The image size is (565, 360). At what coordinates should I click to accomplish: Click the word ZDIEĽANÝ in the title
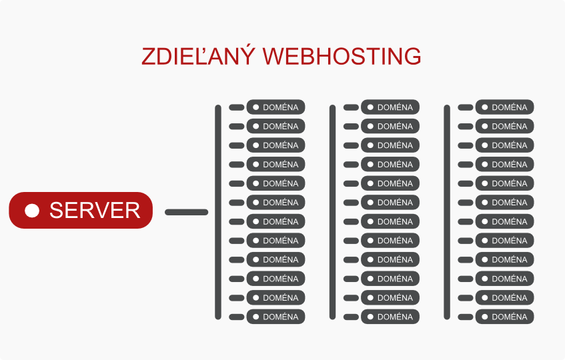[x=198, y=57]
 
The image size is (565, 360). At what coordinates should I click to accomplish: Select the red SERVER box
[x=81, y=211]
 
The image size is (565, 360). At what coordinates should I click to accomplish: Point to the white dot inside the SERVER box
[x=32, y=211]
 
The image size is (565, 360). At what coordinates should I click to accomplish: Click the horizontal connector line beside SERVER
[x=186, y=212]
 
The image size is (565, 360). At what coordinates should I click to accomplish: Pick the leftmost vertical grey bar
[x=218, y=212]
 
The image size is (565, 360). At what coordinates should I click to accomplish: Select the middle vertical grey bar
[x=332, y=212]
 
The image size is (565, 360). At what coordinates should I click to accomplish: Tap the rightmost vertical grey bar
[x=447, y=212]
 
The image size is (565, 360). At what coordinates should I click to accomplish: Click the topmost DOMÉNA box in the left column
[x=275, y=107]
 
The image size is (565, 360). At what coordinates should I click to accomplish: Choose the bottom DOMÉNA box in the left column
[x=275, y=317]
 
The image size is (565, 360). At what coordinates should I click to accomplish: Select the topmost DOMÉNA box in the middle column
[x=390, y=107]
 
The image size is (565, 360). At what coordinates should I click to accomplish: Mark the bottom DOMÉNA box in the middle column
[x=390, y=317]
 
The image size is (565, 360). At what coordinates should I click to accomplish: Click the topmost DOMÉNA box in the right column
[x=505, y=107]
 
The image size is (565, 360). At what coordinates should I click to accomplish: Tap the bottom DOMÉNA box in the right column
[x=505, y=317]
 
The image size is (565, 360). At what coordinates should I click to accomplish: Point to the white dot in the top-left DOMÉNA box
[x=255, y=107]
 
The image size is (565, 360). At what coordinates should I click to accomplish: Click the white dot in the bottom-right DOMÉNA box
[x=485, y=317]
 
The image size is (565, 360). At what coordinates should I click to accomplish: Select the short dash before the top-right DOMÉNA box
[x=466, y=107]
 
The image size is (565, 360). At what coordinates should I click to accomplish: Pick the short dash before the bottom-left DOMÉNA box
[x=237, y=317]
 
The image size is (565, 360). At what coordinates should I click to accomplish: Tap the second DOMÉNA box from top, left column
[x=275, y=126]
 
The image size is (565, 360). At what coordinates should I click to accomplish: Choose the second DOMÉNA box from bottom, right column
[x=505, y=298]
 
